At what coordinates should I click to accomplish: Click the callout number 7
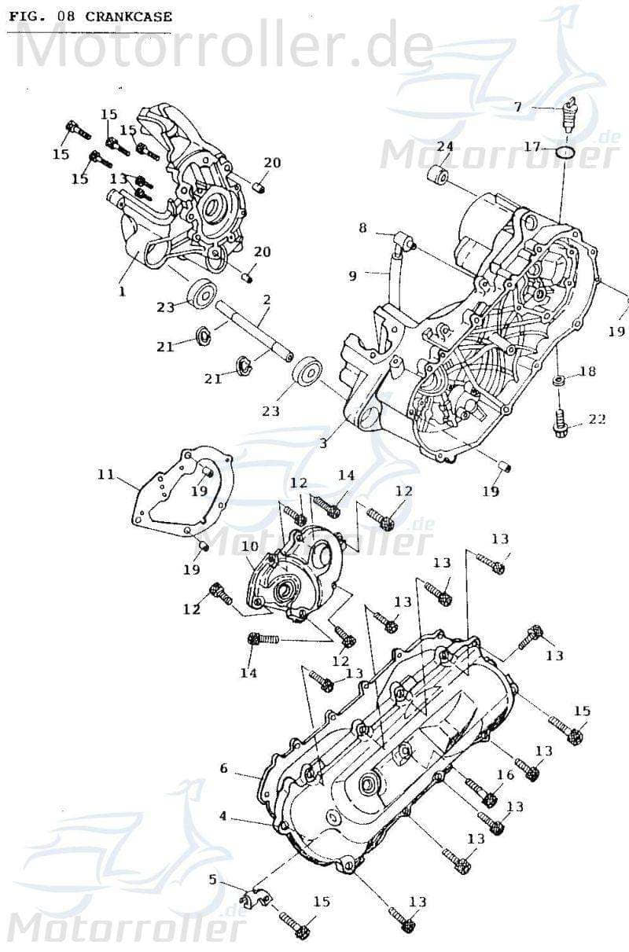(517, 107)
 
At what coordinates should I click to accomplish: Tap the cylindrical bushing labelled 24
(439, 175)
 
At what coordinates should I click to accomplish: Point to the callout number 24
(445, 147)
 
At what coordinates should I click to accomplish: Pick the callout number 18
(587, 370)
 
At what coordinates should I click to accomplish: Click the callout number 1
(122, 291)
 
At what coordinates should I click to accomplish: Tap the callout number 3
(322, 443)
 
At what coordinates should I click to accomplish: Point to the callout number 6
(223, 768)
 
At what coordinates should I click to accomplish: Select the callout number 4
(223, 816)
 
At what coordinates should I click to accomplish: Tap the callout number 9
(353, 275)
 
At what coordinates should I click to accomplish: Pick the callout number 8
(362, 228)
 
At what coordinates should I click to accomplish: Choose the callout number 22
(597, 419)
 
